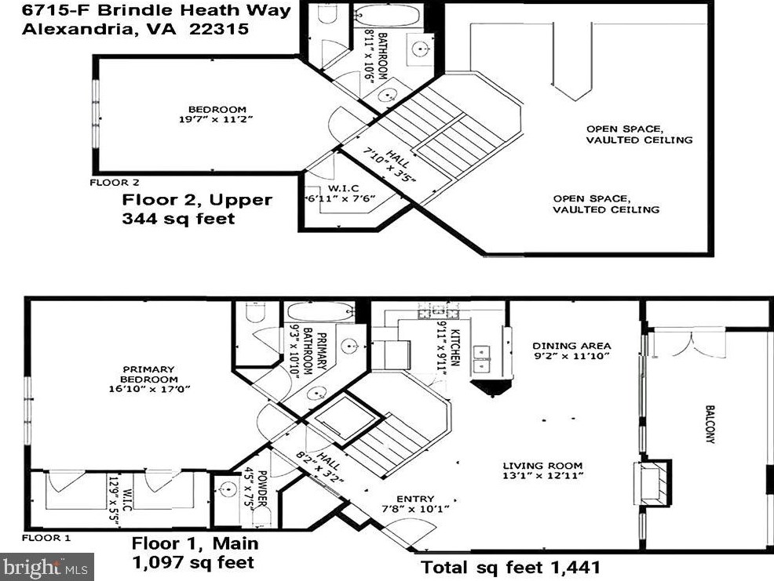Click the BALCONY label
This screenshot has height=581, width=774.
click(x=710, y=425)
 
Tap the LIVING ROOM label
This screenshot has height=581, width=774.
click(x=542, y=466)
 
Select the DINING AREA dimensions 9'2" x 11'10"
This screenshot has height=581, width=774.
click(x=571, y=356)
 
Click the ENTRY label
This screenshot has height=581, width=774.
click(x=415, y=499)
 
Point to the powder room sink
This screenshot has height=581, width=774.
click(x=228, y=489)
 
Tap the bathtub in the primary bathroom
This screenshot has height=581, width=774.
click(x=320, y=312)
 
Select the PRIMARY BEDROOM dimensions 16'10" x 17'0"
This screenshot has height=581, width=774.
click(x=150, y=389)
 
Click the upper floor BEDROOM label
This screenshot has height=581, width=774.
click(x=217, y=110)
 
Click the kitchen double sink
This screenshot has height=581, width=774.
click(x=480, y=358)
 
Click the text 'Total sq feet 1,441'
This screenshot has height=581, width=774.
click(x=510, y=567)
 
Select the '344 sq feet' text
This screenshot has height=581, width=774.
click(x=178, y=219)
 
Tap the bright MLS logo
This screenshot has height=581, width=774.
click(x=47, y=567)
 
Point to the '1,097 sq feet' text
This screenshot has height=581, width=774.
click(x=193, y=562)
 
